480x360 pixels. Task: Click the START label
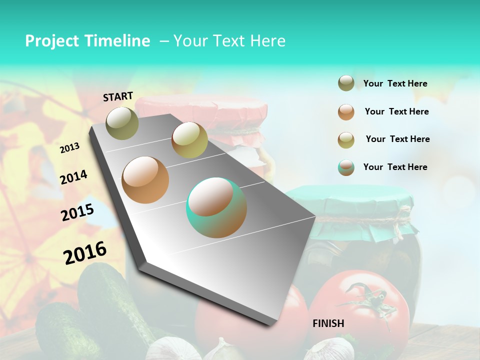[118, 96]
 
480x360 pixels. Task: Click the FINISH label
[328, 323]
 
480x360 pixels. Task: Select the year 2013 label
[69, 148]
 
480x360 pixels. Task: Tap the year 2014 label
[73, 177]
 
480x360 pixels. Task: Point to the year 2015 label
[77, 212]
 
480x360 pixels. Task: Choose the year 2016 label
[85, 253]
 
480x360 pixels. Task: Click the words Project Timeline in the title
[87, 41]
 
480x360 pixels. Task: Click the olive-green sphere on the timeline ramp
[122, 123]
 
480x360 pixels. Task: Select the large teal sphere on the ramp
[216, 207]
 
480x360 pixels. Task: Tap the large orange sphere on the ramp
[145, 179]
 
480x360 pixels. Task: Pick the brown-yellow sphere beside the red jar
[189, 140]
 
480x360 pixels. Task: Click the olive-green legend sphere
[346, 83]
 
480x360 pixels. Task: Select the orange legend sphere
[346, 112]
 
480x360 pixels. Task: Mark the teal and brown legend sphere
[346, 167]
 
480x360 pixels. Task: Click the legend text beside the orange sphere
[396, 111]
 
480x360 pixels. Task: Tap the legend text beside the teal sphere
[395, 167]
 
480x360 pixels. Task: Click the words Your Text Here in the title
[229, 41]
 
